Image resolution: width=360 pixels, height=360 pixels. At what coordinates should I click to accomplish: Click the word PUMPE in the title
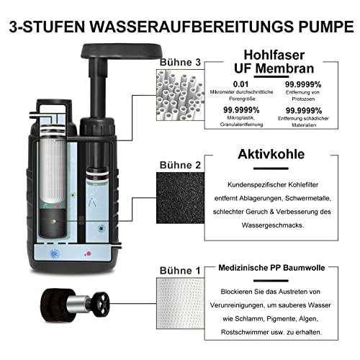tap(326, 26)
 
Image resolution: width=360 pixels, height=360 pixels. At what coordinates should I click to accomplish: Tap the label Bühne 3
tap(180, 63)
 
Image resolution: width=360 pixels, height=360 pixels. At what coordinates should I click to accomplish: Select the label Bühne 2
tap(180, 165)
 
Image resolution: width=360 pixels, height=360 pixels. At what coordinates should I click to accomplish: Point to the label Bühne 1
tap(180, 271)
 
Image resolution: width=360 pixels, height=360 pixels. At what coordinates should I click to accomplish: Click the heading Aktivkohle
tap(271, 154)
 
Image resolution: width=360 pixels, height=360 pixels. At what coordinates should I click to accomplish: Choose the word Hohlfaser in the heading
tap(274, 55)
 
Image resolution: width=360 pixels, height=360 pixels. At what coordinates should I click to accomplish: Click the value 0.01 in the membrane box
tap(240, 84)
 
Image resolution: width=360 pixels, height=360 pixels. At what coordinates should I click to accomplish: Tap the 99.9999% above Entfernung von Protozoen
tap(303, 84)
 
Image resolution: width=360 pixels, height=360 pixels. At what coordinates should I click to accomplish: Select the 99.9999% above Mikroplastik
tap(241, 110)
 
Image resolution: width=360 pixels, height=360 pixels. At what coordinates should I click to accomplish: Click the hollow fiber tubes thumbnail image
tap(180, 95)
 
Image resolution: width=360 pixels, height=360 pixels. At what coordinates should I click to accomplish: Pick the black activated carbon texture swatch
tap(180, 198)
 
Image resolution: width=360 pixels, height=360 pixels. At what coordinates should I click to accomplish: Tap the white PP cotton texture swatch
tap(180, 303)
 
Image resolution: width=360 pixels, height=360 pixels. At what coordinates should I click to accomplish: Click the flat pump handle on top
tap(121, 51)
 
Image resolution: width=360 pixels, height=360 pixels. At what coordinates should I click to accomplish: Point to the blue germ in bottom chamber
tap(55, 253)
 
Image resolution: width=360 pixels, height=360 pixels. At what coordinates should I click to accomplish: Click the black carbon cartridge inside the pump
tap(53, 223)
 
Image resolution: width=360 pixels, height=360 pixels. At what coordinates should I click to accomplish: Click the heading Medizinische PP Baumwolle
tap(271, 268)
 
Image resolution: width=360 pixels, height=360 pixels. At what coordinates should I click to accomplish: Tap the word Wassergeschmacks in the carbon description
tap(273, 225)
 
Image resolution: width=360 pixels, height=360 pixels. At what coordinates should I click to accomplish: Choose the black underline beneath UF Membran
tap(271, 77)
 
